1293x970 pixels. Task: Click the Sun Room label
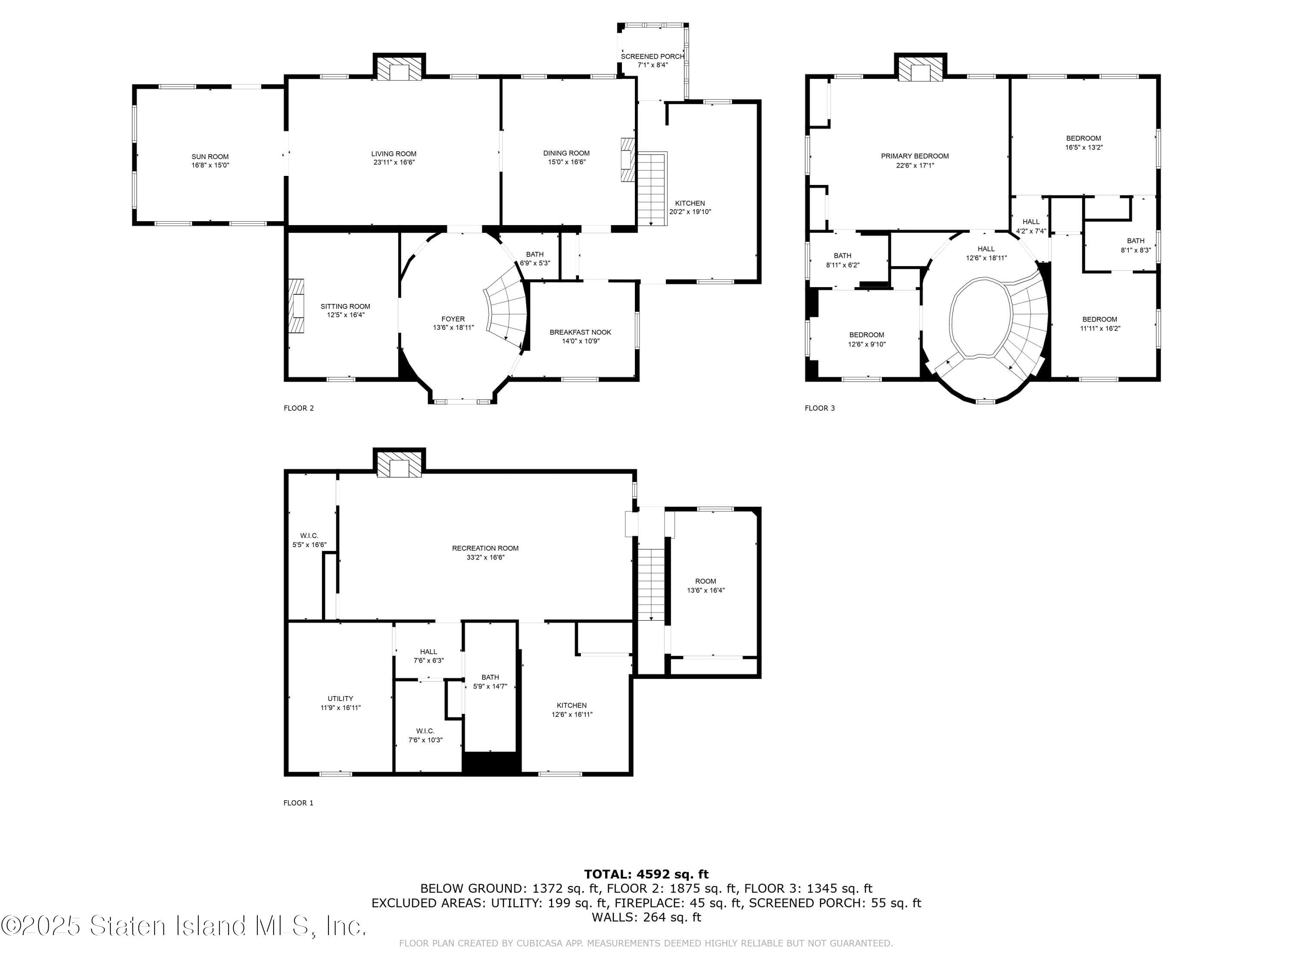tap(210, 156)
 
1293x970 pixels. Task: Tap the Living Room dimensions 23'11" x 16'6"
tap(394, 163)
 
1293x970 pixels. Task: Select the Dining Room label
tap(566, 153)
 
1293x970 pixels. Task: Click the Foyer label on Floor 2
tap(453, 319)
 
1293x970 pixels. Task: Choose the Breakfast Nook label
tap(580, 332)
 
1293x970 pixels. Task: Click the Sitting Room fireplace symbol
tap(297, 306)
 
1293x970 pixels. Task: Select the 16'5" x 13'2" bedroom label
tap(1083, 143)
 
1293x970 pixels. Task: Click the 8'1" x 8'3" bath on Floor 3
tap(1135, 245)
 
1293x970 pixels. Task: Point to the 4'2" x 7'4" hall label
tap(1031, 226)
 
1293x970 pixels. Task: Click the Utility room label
tap(340, 699)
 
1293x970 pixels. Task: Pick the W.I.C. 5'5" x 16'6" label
tap(309, 540)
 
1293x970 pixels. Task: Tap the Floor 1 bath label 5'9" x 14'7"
tap(490, 682)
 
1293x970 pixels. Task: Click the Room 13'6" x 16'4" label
tap(705, 586)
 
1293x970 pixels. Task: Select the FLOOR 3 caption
tap(819, 408)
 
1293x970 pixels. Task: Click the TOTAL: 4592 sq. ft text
tap(646, 874)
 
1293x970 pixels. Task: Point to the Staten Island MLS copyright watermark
tap(184, 926)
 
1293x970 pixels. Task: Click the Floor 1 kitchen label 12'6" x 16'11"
tap(572, 710)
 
